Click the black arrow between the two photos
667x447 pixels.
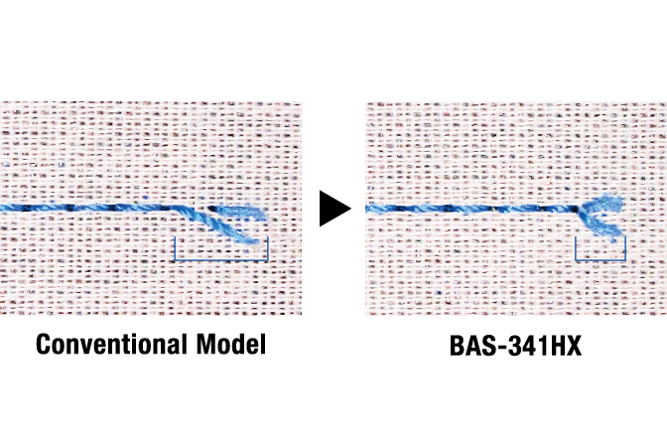click(333, 209)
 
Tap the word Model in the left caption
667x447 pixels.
click(231, 344)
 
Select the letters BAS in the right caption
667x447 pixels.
click(472, 346)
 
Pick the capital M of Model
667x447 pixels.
click(205, 344)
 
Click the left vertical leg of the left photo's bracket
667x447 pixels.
click(175, 249)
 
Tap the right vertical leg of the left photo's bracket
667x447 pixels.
click(268, 248)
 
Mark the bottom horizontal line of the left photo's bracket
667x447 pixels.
click(221, 260)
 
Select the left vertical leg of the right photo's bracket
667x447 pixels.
click(576, 248)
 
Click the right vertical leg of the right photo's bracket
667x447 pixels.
click(625, 248)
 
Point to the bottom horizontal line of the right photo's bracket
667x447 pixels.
click(600, 259)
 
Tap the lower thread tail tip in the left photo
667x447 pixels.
click(256, 242)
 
